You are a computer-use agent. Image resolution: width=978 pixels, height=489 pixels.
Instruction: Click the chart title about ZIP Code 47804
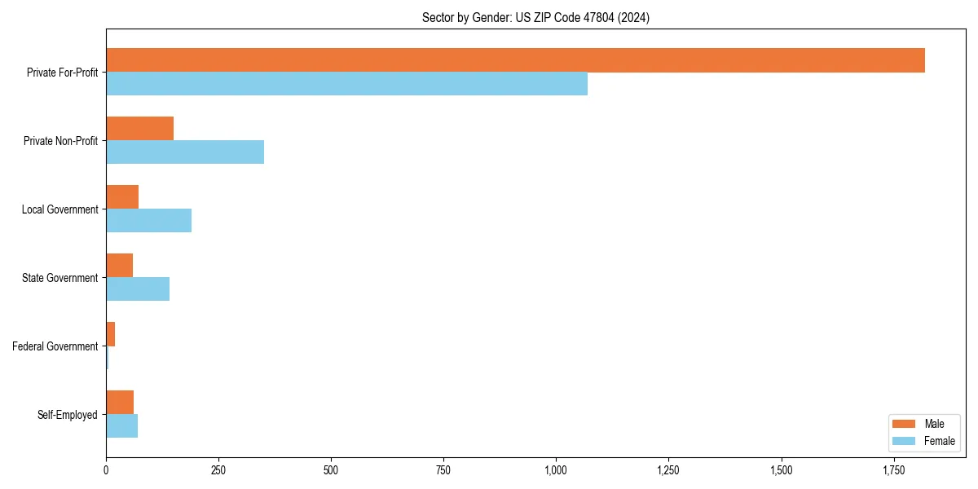535,17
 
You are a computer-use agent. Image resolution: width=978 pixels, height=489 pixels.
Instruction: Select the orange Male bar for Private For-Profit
515,60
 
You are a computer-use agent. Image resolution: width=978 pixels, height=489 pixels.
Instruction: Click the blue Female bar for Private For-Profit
346,84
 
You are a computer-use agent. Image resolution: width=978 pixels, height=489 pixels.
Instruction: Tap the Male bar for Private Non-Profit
139,129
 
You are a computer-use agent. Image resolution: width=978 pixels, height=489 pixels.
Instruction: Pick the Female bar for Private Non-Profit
185,152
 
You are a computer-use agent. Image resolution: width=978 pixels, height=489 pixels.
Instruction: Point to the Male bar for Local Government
122,197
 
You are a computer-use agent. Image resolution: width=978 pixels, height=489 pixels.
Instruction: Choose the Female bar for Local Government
148,221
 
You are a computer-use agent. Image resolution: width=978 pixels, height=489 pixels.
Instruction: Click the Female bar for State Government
138,289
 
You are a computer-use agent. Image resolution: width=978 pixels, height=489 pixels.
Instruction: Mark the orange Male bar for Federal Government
111,334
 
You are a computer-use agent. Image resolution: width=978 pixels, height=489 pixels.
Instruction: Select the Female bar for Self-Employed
122,426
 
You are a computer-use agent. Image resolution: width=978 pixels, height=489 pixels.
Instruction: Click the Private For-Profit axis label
62,73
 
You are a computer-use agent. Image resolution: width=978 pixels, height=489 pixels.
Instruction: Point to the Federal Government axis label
55,346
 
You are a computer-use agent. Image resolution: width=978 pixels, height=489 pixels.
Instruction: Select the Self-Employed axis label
68,415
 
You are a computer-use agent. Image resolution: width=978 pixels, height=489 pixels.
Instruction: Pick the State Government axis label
60,278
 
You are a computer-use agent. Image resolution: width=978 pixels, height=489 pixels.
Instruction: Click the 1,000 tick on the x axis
556,470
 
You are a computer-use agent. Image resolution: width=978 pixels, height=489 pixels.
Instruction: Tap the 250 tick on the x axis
218,470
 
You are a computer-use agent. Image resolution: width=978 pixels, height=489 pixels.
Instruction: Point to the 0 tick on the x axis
106,470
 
